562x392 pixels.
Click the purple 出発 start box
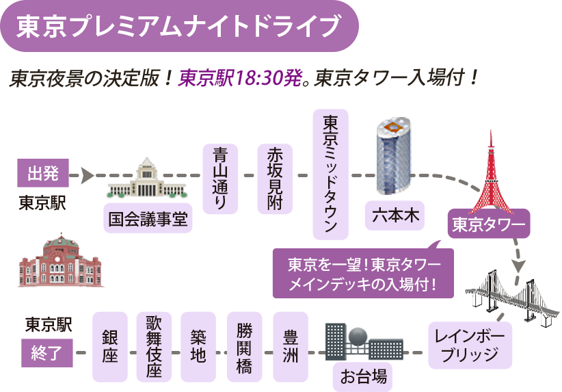click(x=43, y=174)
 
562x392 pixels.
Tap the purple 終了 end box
click(x=46, y=353)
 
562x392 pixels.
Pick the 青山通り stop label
click(x=221, y=179)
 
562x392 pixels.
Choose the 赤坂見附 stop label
click(x=275, y=179)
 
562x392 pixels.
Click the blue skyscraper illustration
click(x=394, y=156)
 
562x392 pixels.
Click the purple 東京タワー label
click(x=488, y=224)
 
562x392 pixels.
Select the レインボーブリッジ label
click(x=470, y=345)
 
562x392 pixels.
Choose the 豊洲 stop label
click(x=291, y=347)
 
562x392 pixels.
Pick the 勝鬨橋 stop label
click(x=245, y=347)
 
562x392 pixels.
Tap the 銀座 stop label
click(x=110, y=347)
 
